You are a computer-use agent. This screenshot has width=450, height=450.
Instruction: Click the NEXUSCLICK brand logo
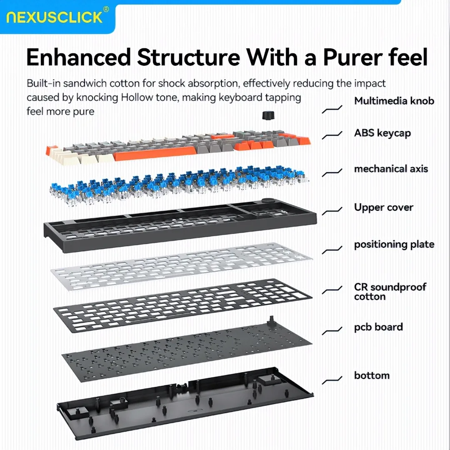(55, 17)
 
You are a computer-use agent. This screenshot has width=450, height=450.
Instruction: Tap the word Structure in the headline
(189, 57)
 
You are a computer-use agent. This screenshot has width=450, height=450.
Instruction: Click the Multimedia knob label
(394, 101)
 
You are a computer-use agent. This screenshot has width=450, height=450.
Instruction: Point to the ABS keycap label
(382, 133)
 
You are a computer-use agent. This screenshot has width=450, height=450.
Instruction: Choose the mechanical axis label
(391, 169)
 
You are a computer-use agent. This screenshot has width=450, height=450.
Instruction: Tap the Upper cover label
(383, 207)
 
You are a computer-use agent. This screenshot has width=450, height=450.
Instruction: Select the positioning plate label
(394, 245)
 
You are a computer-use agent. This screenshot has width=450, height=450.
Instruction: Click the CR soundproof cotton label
(390, 292)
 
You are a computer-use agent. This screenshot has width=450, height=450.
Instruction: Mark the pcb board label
(378, 327)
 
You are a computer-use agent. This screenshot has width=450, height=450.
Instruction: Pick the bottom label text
(372, 375)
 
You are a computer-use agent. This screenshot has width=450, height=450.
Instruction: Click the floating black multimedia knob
(268, 115)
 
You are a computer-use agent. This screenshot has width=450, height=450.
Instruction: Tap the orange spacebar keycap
(155, 155)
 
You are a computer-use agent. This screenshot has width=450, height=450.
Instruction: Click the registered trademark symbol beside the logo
(106, 9)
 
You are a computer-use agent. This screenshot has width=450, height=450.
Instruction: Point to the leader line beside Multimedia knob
(332, 109)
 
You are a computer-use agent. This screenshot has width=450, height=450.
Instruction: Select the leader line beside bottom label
(332, 380)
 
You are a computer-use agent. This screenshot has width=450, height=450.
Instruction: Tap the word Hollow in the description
(137, 97)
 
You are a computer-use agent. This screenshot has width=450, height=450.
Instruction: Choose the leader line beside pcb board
(332, 331)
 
